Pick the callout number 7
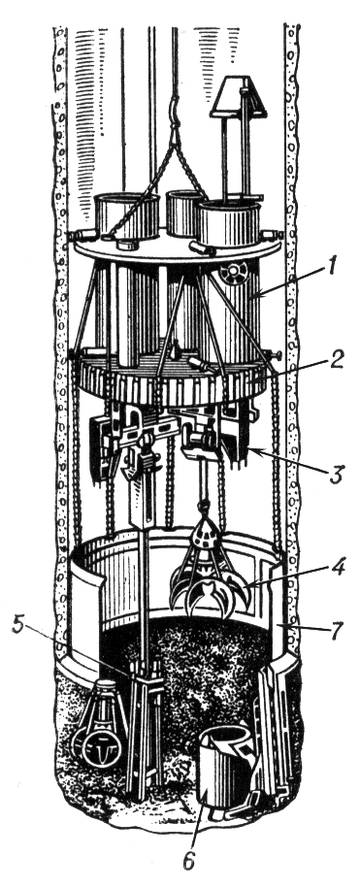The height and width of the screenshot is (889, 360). pos(336,630)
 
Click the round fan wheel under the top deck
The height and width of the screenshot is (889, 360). pos(231,275)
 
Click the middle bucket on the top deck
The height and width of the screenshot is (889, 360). pos(182,213)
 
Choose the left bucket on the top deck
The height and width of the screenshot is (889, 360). pos(127,215)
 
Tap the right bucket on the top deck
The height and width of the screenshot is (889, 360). pos(229,223)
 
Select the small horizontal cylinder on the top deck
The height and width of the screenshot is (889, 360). pos(202,248)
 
